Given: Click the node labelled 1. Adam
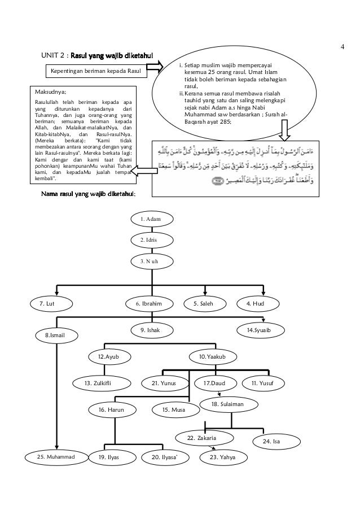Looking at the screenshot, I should point(153,219).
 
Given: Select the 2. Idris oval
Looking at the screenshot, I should point(153,240).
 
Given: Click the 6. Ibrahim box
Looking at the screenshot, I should point(152,303).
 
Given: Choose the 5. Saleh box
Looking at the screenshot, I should point(207,303).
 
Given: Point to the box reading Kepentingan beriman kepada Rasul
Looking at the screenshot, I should point(95,71).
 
